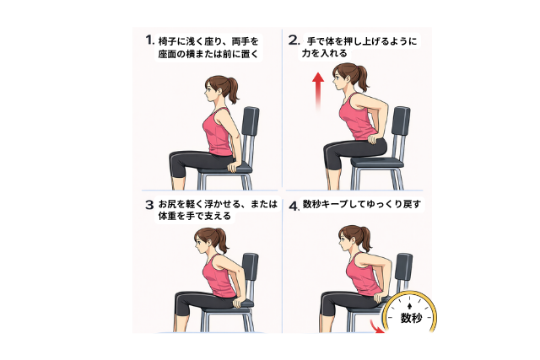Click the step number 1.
coord(149,40)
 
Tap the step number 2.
coord(294,40)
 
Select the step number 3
coord(149,205)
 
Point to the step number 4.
coord(294,207)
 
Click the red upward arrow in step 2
coord(318,91)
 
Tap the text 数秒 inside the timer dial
coord(411,318)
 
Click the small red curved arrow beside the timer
coord(377,328)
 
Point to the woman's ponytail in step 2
coord(362,78)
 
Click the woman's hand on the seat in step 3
coord(238,303)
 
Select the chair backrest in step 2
coord(401,121)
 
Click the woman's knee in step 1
coord(174,159)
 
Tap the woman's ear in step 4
coord(354,237)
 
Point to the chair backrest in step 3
coord(251,267)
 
